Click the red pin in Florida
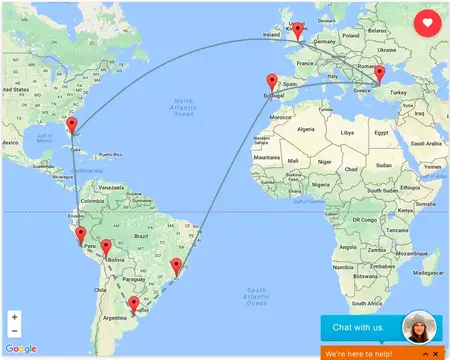(x=71, y=126)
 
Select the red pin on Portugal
(x=269, y=82)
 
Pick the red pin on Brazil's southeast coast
(x=176, y=265)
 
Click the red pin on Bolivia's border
(x=106, y=246)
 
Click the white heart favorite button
(x=427, y=22)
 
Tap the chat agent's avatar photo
(x=420, y=329)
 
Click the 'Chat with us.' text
(x=357, y=328)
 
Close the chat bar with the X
(x=437, y=354)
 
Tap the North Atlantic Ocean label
(x=183, y=107)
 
